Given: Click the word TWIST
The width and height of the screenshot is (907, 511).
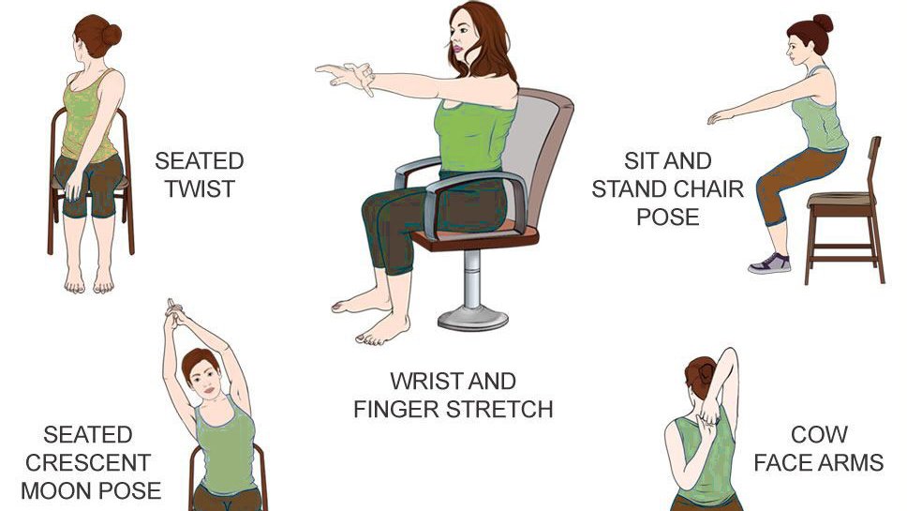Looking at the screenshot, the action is [x=200, y=189].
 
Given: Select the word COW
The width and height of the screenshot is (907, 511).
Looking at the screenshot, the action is [x=819, y=435].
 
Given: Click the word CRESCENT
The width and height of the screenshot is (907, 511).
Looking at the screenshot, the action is [x=88, y=463].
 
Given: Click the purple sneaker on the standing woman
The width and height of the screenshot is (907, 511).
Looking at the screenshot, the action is [x=769, y=263].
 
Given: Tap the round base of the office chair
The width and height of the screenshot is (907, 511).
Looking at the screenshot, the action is [x=473, y=319].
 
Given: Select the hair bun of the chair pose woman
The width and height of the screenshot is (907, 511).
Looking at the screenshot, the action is [x=823, y=23].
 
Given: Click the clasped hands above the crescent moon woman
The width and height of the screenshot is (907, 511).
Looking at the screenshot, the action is [x=174, y=312].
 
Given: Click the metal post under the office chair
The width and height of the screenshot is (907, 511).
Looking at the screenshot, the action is [x=472, y=278].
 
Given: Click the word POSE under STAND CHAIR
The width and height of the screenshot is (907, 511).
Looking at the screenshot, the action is [x=668, y=218].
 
